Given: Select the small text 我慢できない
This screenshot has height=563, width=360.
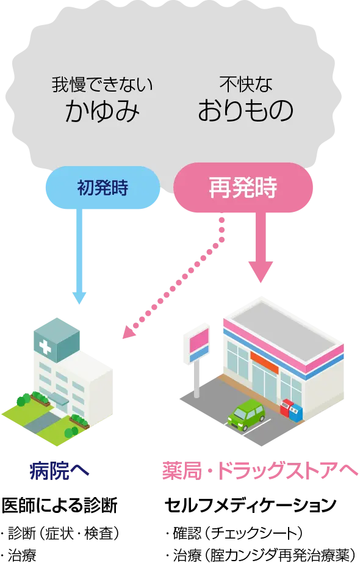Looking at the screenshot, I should (x=102, y=84).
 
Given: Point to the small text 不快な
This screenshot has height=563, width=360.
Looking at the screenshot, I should (x=245, y=83).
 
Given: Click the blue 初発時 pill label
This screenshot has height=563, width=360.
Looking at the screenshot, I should (x=103, y=187).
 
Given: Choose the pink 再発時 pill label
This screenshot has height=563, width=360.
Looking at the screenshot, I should (x=243, y=187).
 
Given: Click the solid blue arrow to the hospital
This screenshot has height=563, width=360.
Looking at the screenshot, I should (x=79, y=256).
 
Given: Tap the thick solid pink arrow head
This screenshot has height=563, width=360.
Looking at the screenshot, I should (x=260, y=269).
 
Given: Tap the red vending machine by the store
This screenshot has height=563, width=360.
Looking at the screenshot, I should (x=286, y=407).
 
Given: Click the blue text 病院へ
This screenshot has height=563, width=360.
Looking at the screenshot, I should (x=60, y=471).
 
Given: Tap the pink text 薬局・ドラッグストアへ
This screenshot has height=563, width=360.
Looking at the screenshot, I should (x=261, y=471).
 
